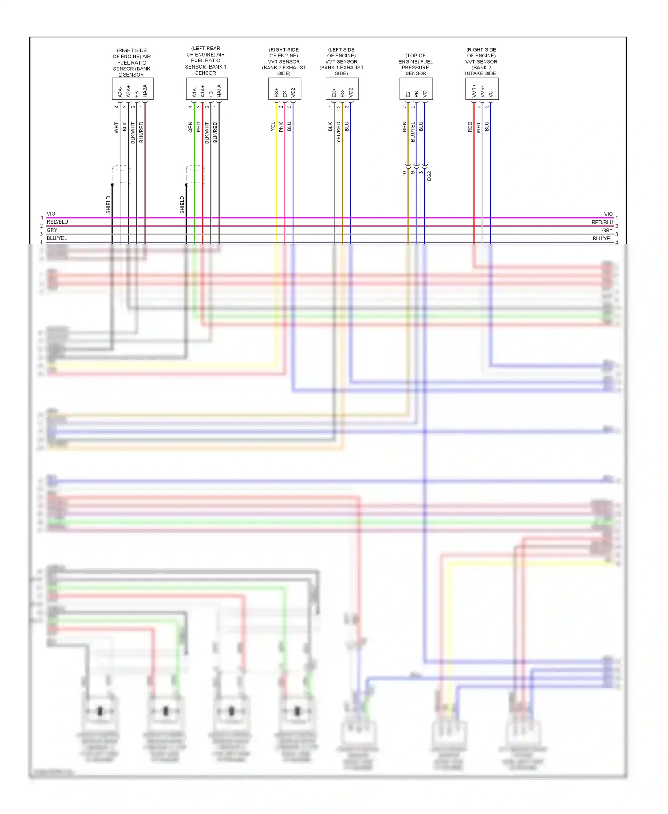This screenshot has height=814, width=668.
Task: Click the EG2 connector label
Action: [429, 176]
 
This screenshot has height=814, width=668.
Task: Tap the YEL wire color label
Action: [273, 127]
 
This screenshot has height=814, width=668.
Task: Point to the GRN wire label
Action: [191, 127]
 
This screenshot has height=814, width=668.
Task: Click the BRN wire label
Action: [404, 127]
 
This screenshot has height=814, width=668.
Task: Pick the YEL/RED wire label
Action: [338, 132]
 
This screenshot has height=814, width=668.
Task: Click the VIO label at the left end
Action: [51, 214]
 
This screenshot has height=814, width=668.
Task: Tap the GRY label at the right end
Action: [607, 231]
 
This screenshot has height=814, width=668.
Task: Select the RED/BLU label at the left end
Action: [57, 222]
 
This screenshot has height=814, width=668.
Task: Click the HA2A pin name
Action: [145, 91]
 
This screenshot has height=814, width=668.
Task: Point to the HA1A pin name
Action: [219, 91]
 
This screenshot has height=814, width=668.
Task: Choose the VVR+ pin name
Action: [474, 91]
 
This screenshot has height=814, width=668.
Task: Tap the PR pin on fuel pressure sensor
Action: [416, 94]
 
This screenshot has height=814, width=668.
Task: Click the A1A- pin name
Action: [195, 92]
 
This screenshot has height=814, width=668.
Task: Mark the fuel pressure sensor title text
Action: [415, 65]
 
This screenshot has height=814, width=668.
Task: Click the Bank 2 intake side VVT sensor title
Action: [481, 62]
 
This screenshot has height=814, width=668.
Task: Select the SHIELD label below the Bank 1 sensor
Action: [182, 205]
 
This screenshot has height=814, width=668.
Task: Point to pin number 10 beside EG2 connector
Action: [404, 174]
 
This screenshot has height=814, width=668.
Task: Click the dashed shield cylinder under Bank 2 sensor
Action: [121, 176]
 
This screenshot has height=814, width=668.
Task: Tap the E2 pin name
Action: [408, 94]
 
